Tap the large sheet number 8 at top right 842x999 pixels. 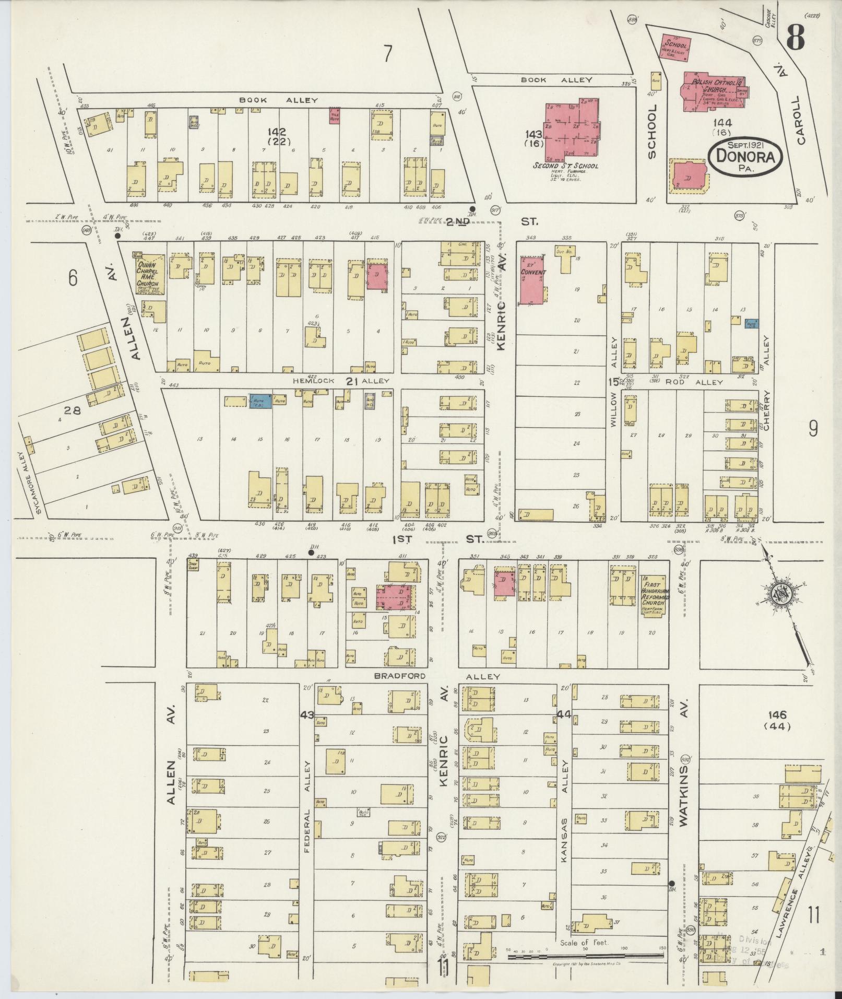pyautogui.click(x=796, y=38)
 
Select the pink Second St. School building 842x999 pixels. pyautogui.click(x=572, y=131)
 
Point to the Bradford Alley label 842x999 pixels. pyautogui.click(x=436, y=676)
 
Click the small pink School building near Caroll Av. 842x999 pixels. pyautogui.click(x=676, y=49)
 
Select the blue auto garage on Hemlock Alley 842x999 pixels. pyautogui.click(x=260, y=401)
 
